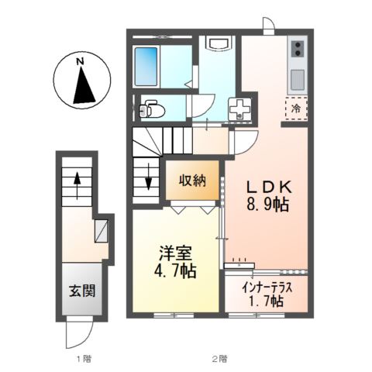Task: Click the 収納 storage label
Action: [194, 181]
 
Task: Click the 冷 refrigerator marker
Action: [295, 108]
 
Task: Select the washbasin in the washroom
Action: [219, 46]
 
